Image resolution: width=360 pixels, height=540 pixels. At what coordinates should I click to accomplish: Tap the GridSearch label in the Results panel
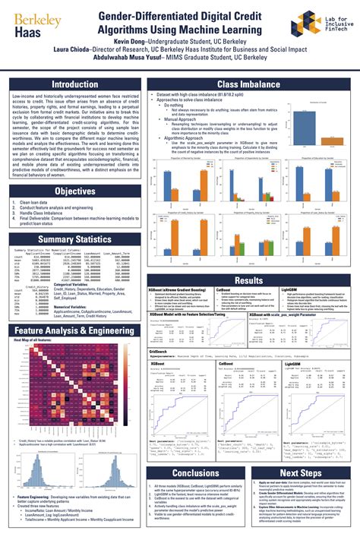(158, 352)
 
